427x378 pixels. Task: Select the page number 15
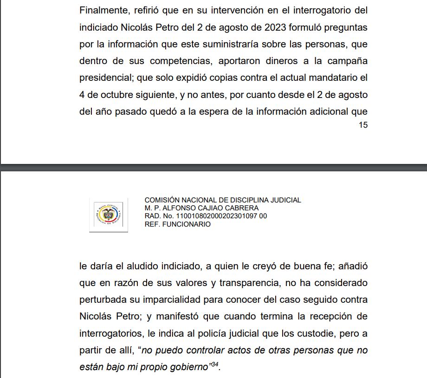point(363,125)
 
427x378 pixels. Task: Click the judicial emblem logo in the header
point(109,215)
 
